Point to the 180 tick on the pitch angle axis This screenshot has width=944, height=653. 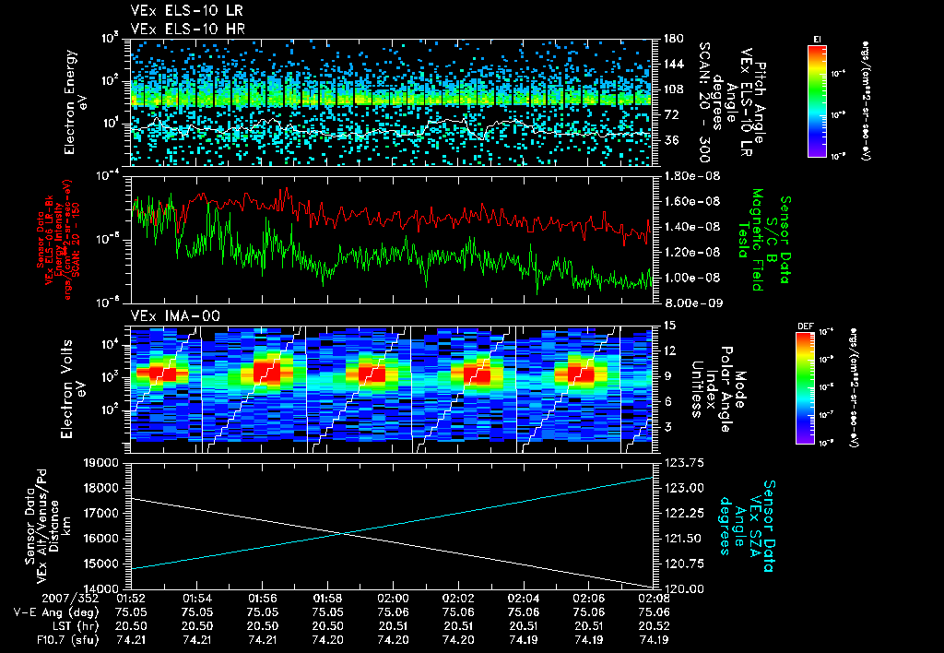670,39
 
